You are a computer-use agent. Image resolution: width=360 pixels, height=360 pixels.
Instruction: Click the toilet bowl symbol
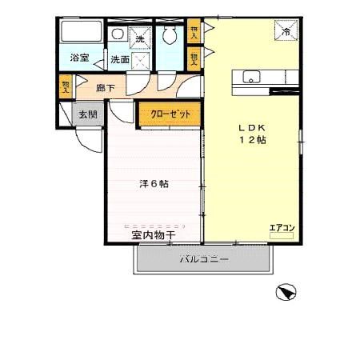point(169,36)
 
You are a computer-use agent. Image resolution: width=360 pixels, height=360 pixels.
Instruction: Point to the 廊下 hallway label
point(106,88)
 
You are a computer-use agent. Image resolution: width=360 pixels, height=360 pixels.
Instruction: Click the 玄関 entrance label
point(87,114)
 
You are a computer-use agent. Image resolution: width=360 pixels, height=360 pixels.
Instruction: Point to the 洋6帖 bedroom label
point(154,183)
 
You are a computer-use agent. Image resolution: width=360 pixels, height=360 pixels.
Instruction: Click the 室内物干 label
point(154,234)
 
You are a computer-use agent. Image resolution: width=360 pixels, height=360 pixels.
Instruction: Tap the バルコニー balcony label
point(204,259)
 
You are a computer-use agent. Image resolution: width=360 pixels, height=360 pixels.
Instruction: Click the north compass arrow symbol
point(286,294)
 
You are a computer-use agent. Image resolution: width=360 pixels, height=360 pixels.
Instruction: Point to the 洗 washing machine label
point(139,39)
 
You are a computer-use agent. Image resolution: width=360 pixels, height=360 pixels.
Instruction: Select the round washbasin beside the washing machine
point(118,34)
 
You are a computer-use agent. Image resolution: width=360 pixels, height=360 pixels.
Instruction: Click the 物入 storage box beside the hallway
point(66,85)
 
